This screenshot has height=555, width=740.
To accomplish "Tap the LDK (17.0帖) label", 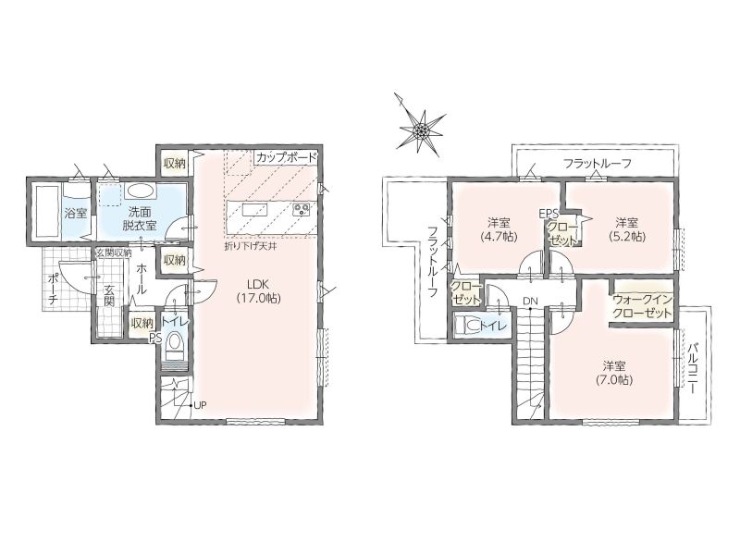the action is click(x=258, y=291).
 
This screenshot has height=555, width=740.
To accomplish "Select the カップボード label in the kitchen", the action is click(x=286, y=157).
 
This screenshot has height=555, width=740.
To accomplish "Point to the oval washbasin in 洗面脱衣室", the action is click(x=140, y=191).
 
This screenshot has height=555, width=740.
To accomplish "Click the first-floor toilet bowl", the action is click(x=175, y=342).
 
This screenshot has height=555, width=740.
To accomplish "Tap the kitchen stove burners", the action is click(x=301, y=209).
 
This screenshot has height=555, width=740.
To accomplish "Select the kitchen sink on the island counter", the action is click(x=255, y=209).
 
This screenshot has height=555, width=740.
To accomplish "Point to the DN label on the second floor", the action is click(x=530, y=301).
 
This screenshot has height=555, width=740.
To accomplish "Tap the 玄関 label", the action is click(x=109, y=295).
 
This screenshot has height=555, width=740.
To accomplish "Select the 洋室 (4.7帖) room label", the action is click(x=499, y=228).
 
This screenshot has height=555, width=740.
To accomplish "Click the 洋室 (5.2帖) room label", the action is click(x=627, y=228).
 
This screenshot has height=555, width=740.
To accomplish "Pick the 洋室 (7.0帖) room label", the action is click(x=614, y=373).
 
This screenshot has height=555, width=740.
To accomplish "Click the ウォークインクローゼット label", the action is click(x=642, y=306).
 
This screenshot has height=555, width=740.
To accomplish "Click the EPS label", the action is click(x=549, y=214).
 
